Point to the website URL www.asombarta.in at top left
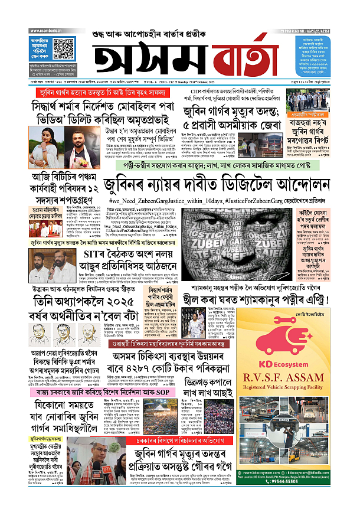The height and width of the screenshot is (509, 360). coord(44,28)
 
